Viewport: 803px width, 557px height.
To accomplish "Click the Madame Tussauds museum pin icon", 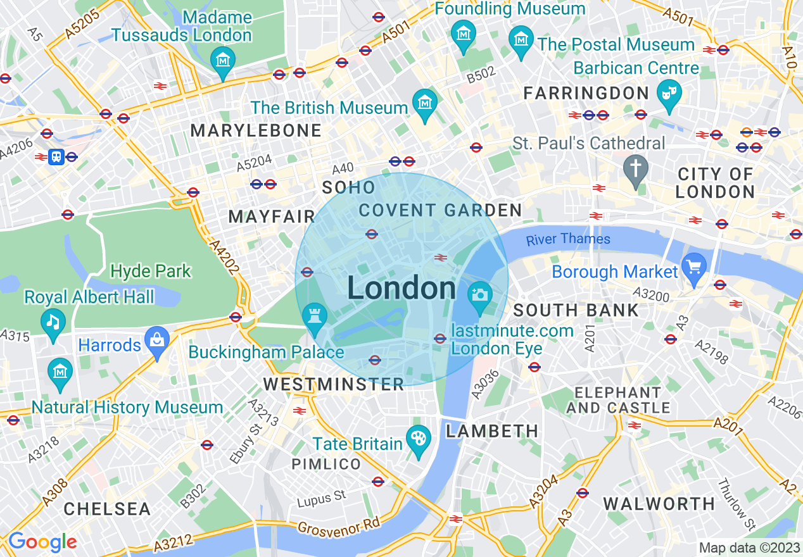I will (x=222, y=61).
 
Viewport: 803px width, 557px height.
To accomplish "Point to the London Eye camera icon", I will (x=479, y=296).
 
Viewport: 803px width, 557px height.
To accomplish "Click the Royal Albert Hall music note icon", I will (x=53, y=322).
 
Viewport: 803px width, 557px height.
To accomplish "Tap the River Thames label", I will (x=568, y=239).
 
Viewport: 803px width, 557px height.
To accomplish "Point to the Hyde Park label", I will (x=150, y=272).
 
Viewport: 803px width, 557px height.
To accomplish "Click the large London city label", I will (x=401, y=289).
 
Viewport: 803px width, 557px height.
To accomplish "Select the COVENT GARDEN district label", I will (x=440, y=210).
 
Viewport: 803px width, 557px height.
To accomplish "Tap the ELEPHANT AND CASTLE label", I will (x=617, y=400).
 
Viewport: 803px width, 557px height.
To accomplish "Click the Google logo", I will (x=42, y=542).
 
